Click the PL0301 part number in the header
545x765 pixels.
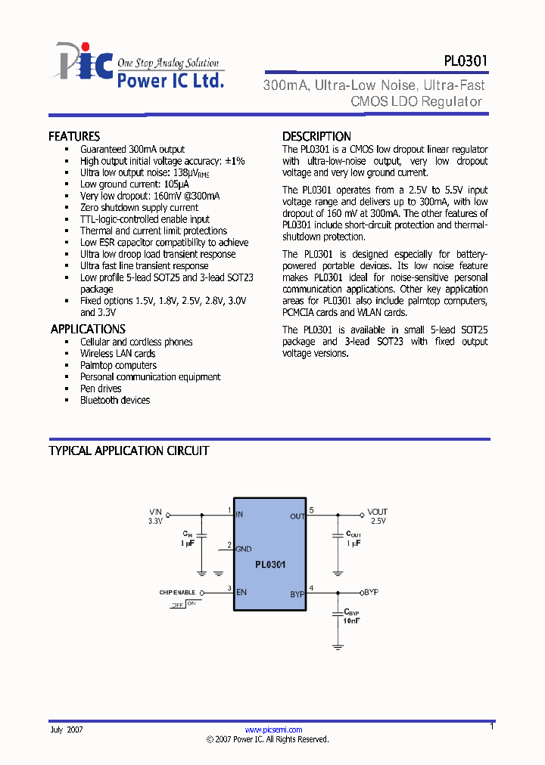(466, 61)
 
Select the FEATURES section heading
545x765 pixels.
(74, 137)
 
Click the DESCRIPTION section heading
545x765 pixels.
(316, 137)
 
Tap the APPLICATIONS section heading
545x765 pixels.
(88, 329)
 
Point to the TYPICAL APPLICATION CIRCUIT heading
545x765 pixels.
(129, 451)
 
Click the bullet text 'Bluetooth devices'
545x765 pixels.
(115, 400)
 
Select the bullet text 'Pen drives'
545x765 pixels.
(101, 389)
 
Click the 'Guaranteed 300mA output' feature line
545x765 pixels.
(132, 150)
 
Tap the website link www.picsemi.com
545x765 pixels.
(274, 729)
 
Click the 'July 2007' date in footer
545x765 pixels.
(67, 730)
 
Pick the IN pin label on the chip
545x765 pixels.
(240, 515)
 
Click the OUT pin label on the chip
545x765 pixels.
(297, 516)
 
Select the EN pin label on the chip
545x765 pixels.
(242, 592)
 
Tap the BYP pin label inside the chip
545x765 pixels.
(296, 594)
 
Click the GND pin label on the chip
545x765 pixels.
(244, 549)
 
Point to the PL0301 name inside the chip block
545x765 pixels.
(269, 564)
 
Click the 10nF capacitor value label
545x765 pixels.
(352, 620)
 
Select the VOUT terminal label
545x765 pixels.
(377, 512)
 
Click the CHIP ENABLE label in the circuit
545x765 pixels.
(177, 592)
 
